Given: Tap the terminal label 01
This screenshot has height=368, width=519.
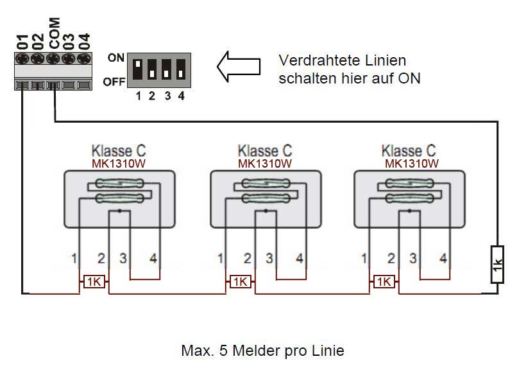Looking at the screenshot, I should [x=22, y=40].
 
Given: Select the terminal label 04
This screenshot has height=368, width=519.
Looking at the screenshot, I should [x=84, y=40].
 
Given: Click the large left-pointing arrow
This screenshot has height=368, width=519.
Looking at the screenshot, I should [x=239, y=66].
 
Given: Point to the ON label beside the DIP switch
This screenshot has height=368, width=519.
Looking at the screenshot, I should [x=116, y=58].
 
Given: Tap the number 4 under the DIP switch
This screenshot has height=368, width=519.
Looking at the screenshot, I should [x=181, y=97].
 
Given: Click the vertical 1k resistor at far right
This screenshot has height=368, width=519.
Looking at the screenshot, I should [x=497, y=264].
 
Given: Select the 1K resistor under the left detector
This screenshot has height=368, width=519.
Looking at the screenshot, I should [x=94, y=282].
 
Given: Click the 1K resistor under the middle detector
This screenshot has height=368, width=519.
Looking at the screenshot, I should [x=239, y=282].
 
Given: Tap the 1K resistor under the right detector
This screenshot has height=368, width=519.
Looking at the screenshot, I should [x=384, y=282].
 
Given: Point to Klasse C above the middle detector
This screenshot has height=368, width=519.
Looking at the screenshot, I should [x=264, y=151].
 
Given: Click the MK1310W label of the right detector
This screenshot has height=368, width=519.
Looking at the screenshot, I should [x=411, y=163].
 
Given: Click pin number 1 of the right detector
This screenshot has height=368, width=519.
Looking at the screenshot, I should [x=364, y=259].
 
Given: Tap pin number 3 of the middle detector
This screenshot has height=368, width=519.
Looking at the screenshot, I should [x=269, y=259].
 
